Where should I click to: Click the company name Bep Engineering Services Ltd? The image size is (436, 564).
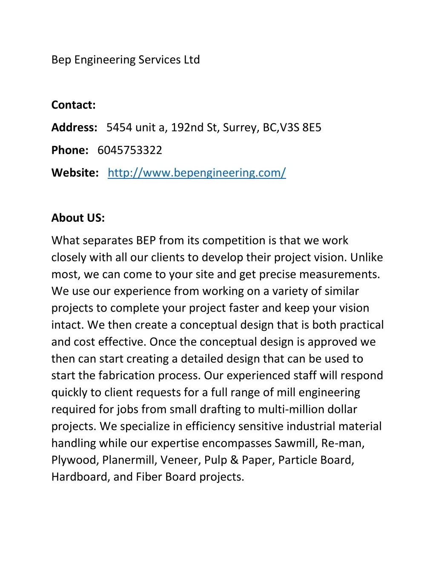click(125, 60)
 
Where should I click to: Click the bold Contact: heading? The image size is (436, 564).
click(73, 105)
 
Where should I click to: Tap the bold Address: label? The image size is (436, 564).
click(74, 127)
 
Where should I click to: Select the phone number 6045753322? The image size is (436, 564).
click(130, 150)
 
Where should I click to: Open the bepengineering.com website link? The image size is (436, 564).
click(197, 172)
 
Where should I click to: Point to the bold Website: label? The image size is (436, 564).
click(75, 172)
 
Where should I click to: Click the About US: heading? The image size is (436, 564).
click(78, 218)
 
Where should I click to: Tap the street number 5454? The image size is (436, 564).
click(119, 127)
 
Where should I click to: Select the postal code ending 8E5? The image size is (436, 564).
click(312, 127)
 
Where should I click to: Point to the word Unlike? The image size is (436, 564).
click(367, 258)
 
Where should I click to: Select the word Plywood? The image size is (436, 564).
click(74, 460)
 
